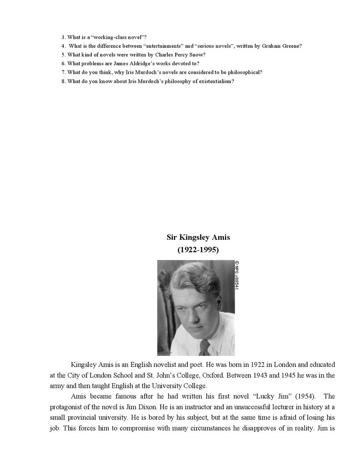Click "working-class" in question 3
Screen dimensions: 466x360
(106, 37)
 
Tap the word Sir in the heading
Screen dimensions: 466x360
(172, 237)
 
